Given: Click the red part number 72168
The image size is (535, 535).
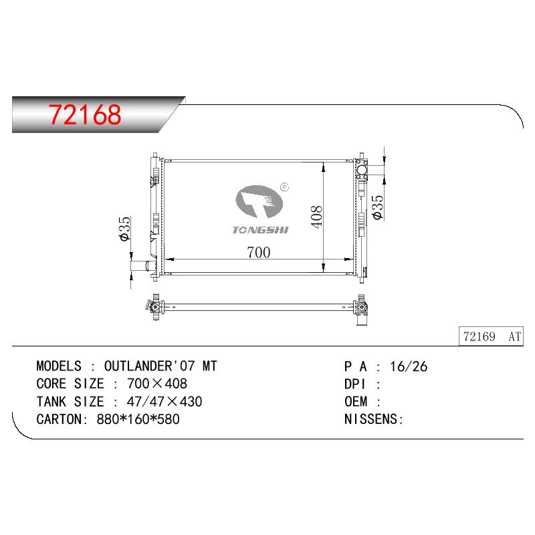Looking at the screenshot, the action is click(x=85, y=114).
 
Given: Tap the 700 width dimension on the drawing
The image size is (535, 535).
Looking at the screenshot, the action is click(x=259, y=253).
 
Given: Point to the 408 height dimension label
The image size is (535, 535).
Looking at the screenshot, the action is click(x=316, y=217).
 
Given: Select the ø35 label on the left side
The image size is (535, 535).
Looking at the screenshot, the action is click(x=125, y=229).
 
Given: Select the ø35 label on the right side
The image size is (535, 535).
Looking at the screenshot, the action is click(x=378, y=207).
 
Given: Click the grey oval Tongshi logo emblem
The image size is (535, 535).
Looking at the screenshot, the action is click(x=259, y=201).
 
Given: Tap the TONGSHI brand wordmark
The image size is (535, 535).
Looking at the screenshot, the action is click(x=260, y=230).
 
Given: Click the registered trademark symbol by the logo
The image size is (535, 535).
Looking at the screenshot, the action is click(x=284, y=187).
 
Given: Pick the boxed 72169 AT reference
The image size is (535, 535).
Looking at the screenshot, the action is click(x=491, y=336).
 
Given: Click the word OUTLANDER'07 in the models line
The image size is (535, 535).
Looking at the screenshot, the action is click(x=149, y=366).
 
